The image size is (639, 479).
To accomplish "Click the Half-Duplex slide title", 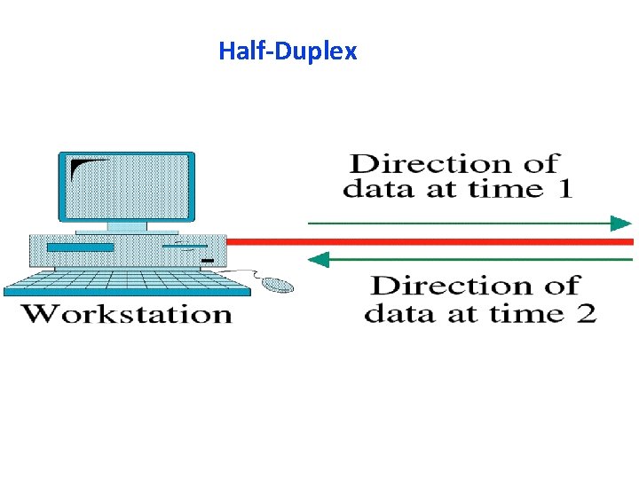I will point(288,51).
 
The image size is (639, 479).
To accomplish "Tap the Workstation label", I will point(126,314).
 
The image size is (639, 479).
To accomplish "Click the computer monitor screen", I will point(126,186).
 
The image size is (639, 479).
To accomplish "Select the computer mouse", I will point(277,284).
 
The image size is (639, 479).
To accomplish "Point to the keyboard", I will point(124,282).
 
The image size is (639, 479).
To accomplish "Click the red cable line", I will point(426,241).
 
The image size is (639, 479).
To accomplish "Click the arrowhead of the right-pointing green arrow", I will point(621,223).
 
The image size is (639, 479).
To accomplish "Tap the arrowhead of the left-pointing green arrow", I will point(318,259).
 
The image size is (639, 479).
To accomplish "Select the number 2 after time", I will point(585,314).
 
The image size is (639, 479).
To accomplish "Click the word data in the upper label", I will point(374,189).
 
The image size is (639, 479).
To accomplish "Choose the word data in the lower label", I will point(394,314).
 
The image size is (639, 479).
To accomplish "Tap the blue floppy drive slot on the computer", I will point(80,247).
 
